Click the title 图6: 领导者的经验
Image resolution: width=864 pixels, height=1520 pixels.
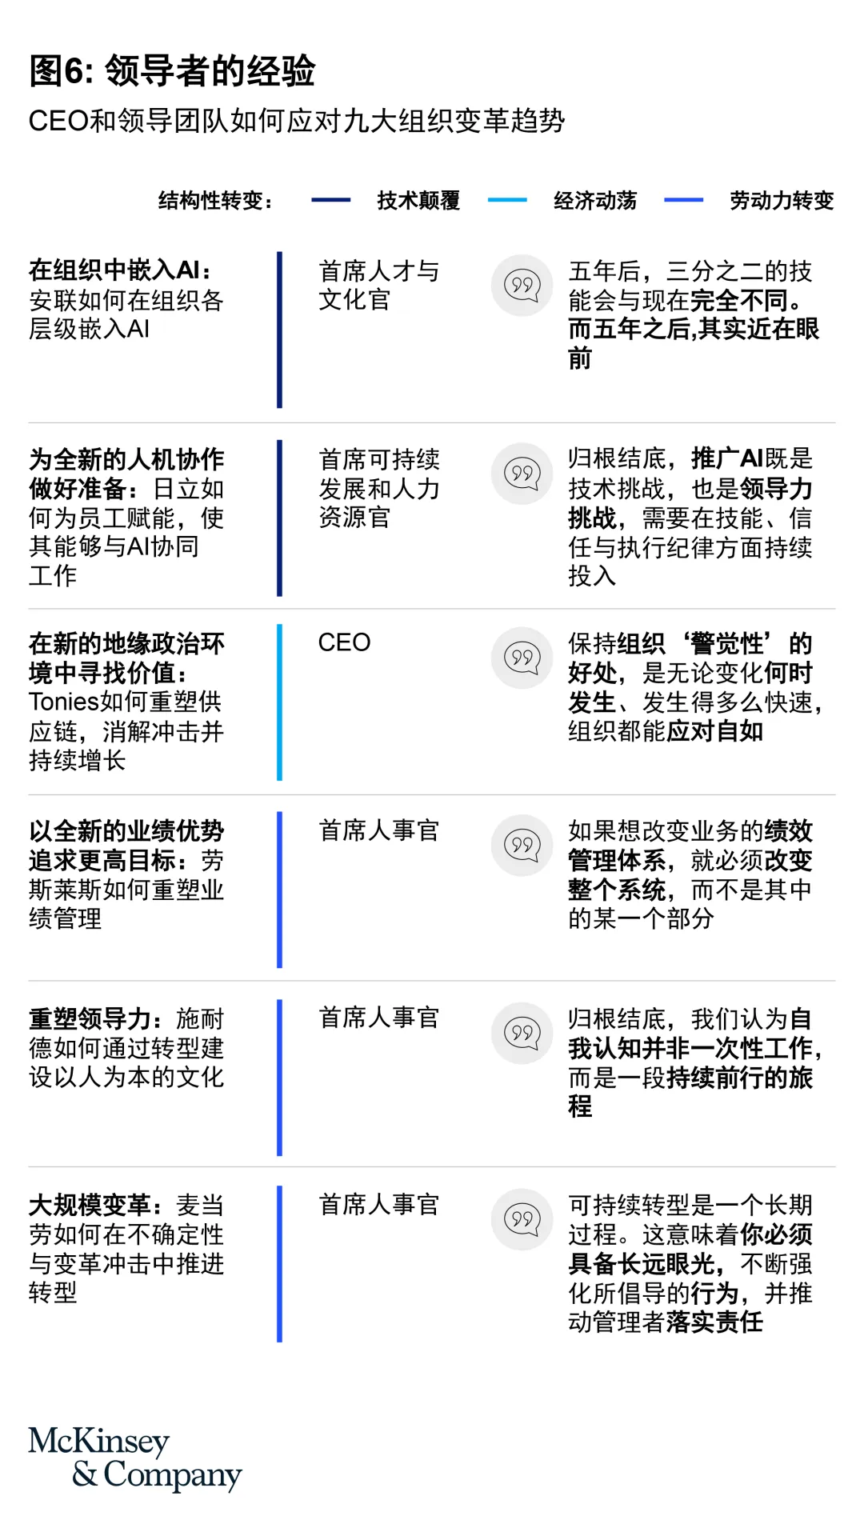(x=172, y=70)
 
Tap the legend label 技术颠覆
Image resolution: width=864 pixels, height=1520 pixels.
(x=418, y=200)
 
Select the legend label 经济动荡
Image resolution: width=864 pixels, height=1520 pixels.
(x=594, y=200)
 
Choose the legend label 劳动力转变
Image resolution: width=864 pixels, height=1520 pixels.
(x=781, y=200)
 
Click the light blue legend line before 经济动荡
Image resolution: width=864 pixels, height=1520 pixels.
(x=507, y=200)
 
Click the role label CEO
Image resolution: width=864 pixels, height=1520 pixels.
(x=344, y=642)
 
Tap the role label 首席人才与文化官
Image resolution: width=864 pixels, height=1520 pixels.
(x=378, y=285)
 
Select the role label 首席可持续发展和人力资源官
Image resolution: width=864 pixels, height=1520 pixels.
(x=378, y=488)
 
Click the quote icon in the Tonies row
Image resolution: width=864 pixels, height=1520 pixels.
(x=522, y=658)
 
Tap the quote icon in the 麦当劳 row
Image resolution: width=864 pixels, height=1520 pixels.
(x=522, y=1219)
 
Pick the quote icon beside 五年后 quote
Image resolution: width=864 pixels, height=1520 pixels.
(x=522, y=285)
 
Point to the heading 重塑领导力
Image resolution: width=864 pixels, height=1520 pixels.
(x=90, y=1019)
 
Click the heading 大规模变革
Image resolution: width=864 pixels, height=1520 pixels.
(x=90, y=1206)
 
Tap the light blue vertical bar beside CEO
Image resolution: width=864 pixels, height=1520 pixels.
(x=279, y=702)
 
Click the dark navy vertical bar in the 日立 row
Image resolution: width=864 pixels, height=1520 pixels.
(x=279, y=518)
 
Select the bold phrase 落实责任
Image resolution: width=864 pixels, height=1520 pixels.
(x=714, y=1322)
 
